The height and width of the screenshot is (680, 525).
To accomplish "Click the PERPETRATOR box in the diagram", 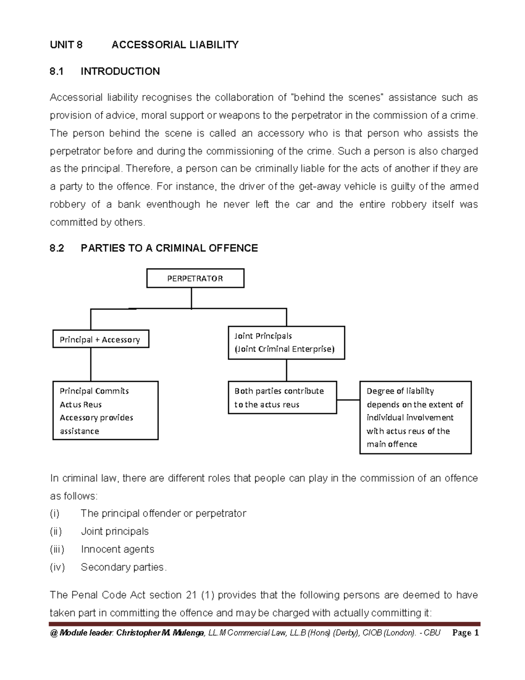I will [195, 278].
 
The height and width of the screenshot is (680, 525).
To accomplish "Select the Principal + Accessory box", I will [101, 339].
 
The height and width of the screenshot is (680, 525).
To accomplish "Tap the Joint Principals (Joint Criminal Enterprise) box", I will [286, 343].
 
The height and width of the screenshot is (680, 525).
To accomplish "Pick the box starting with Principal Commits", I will [105, 410].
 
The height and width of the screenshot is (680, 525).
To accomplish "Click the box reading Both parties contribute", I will [282, 398].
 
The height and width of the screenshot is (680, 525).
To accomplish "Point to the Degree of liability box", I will [415, 417].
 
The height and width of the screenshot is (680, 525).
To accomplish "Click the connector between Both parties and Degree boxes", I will [348, 399].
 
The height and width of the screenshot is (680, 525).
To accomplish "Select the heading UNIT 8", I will [66, 45].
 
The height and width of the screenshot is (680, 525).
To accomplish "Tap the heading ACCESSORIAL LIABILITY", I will [175, 45].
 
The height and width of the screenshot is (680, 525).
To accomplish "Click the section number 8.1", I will [56, 71].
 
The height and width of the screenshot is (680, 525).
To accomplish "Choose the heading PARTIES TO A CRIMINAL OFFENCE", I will [169, 248].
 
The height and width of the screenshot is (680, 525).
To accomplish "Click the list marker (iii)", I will [57, 549].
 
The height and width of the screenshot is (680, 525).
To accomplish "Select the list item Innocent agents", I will [117, 549].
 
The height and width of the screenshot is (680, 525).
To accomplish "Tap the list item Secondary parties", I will [123, 567].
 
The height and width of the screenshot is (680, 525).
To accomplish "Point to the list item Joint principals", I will [115, 531].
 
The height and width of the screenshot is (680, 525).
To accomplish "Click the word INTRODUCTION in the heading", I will [120, 71].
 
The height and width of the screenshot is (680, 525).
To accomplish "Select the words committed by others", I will [97, 222].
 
